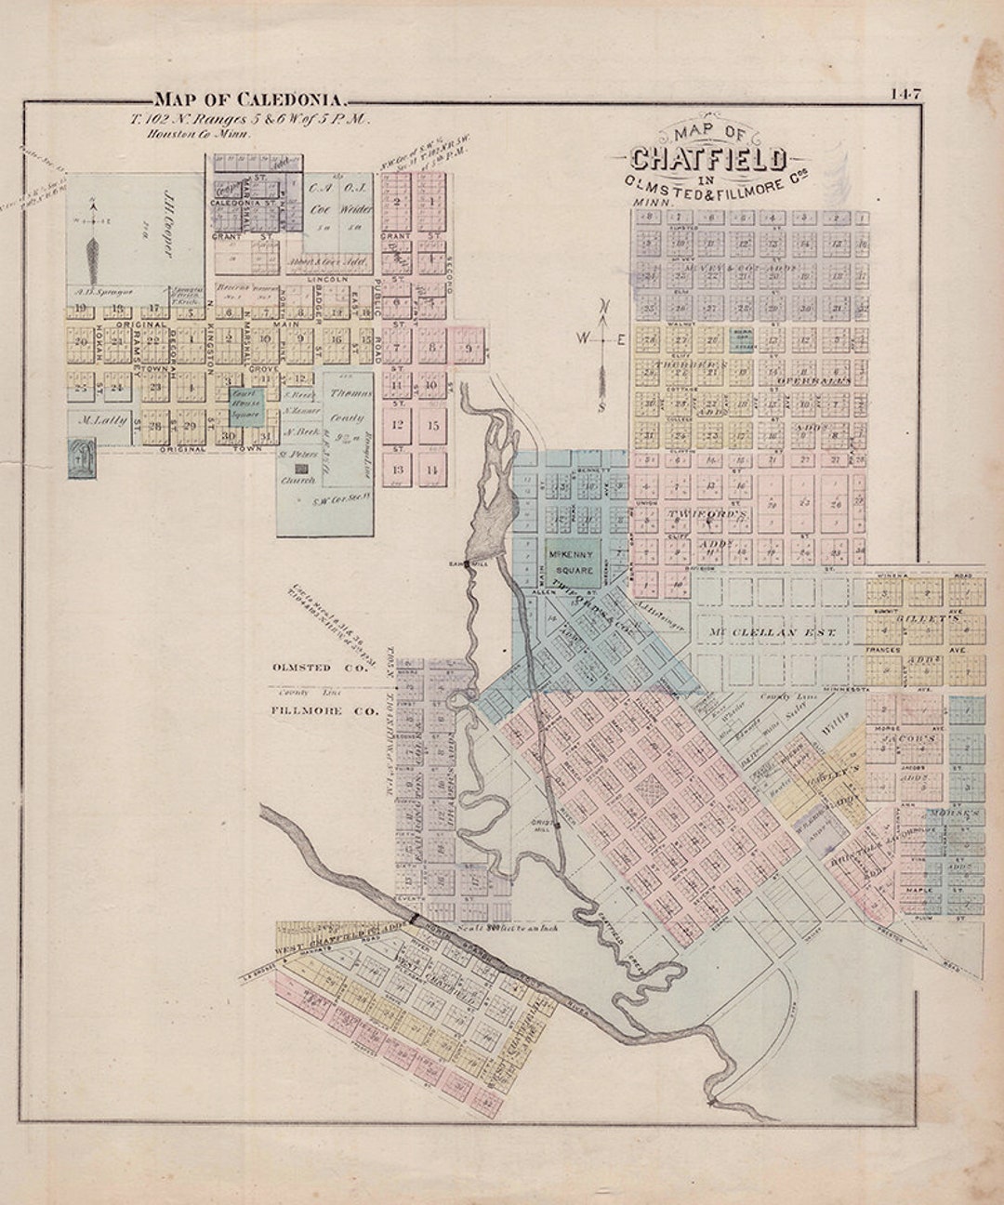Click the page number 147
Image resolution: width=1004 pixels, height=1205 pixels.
(x=905, y=93)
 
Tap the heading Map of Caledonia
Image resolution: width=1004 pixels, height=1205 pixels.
(x=250, y=99)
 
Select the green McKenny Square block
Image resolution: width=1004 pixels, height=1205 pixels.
(x=572, y=562)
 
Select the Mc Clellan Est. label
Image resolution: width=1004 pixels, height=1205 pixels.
(x=773, y=632)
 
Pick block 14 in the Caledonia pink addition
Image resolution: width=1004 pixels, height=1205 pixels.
(x=430, y=470)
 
